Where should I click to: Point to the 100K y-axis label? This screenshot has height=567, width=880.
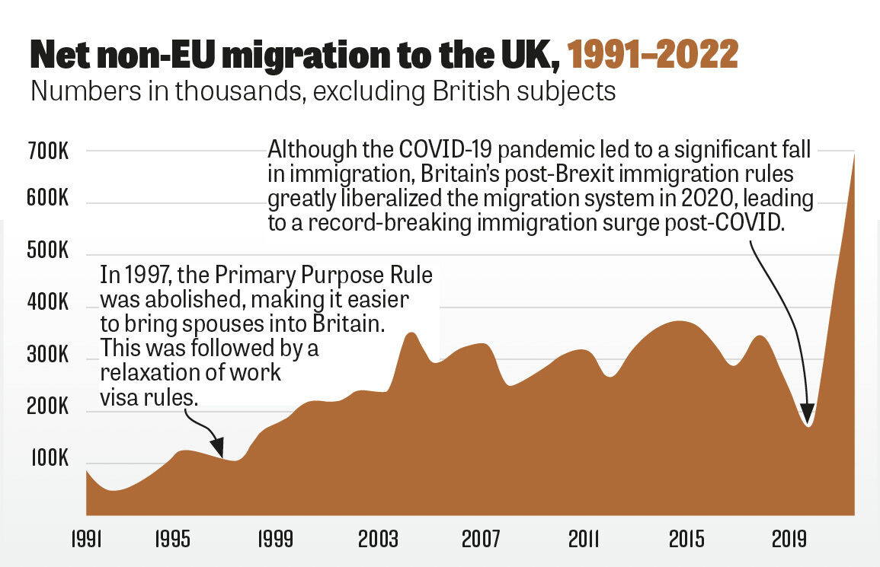point(50,460)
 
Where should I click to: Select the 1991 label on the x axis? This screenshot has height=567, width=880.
point(85,539)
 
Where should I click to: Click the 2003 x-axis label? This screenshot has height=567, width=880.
point(379,539)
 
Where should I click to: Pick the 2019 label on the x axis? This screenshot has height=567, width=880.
point(789,539)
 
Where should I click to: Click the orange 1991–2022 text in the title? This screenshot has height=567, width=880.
point(653,55)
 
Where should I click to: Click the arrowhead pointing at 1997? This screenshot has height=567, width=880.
point(219,450)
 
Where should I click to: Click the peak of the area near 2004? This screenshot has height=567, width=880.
point(411,333)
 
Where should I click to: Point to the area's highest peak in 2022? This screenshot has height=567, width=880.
point(853,155)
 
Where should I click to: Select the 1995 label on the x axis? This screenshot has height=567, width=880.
point(173,539)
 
